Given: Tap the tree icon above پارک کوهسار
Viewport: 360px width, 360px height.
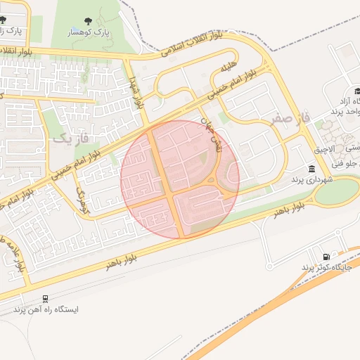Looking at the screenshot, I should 88,22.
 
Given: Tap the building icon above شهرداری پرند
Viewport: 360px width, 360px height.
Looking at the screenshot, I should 311,168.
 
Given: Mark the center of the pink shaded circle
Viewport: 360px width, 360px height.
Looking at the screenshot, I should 180,179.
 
